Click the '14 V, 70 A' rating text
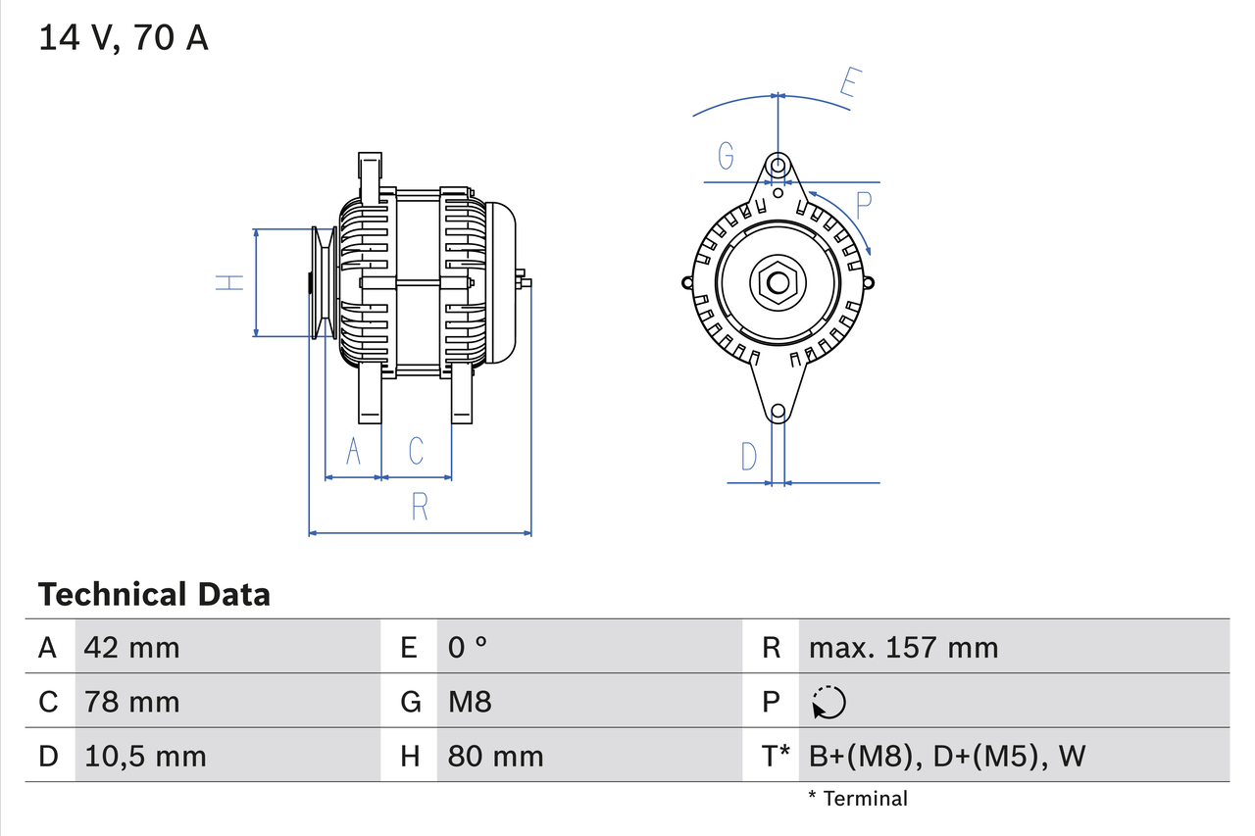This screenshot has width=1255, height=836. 123,38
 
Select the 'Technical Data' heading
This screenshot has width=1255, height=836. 153,594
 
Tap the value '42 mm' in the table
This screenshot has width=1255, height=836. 131,647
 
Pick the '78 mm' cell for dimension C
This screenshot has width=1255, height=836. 131,702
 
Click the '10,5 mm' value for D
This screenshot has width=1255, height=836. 144,756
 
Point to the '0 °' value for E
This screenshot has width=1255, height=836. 468,647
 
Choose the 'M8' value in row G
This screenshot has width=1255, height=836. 470,702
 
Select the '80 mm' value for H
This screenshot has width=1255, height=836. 495,756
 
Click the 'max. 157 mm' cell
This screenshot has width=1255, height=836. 903,647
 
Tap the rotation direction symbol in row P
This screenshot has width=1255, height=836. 828,702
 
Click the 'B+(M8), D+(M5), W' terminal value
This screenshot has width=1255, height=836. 946,756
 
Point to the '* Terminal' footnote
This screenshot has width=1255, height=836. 858,799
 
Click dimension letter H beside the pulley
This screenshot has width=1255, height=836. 229,282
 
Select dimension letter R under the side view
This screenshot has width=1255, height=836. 420,507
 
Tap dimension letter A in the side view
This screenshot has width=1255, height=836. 354,451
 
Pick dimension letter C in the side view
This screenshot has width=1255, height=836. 416,451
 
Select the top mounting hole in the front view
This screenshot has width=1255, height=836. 778,164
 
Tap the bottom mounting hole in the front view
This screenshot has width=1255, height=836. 778,412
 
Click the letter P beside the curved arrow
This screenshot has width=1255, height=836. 863,206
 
